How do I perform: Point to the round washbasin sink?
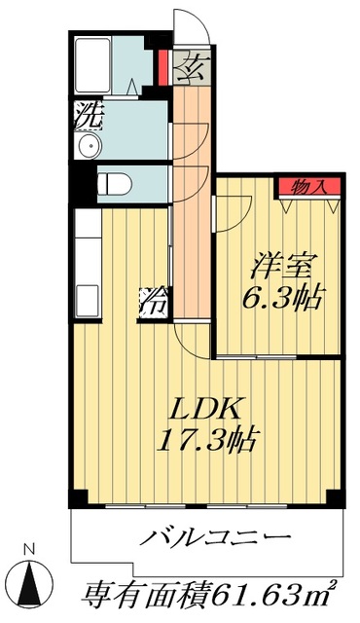click(89, 147)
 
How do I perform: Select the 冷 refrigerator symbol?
click(153, 300)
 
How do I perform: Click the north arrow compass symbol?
click(31, 582)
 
